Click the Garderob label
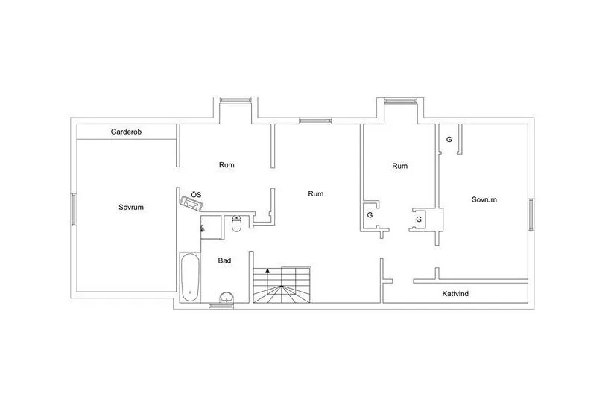click(126, 132)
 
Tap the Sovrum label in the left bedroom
click(130, 207)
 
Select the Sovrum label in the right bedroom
click(484, 199)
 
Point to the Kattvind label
click(455, 294)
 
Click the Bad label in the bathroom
click(224, 260)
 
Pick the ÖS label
click(195, 194)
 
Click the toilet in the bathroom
click(236, 223)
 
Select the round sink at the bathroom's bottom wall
click(227, 299)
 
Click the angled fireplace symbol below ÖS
click(191, 203)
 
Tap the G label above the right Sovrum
click(449, 140)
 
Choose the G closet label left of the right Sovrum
click(419, 220)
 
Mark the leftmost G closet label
click(370, 215)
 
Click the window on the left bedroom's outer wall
click(73, 210)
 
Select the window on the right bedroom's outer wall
click(531, 215)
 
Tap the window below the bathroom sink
click(221, 307)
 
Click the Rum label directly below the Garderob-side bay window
click(227, 165)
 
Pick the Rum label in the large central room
click(316, 194)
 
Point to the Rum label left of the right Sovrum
click(400, 166)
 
